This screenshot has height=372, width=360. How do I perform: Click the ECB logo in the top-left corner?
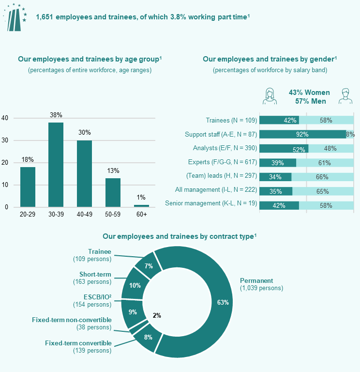tap(15, 17)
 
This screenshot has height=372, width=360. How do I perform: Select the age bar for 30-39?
tap(56, 165)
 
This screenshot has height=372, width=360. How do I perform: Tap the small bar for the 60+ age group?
tap(141, 205)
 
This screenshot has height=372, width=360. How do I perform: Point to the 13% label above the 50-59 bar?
tap(113, 171)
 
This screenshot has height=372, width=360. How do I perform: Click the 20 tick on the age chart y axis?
tap(5, 163)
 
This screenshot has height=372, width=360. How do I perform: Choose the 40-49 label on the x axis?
tap(84, 214)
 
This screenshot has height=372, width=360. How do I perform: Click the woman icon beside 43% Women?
tap(270, 96)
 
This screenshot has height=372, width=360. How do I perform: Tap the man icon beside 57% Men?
tap(345, 96)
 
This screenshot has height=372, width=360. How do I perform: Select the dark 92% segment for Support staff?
tap(302, 134)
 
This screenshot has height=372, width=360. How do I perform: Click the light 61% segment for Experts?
tap(324, 163)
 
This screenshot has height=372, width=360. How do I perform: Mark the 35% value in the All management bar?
tap(276, 191)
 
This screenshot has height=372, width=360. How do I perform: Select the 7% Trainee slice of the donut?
tap(149, 265)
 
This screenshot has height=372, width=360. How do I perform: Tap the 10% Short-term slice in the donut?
tap(135, 285)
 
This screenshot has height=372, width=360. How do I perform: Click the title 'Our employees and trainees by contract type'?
tap(180, 236)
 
